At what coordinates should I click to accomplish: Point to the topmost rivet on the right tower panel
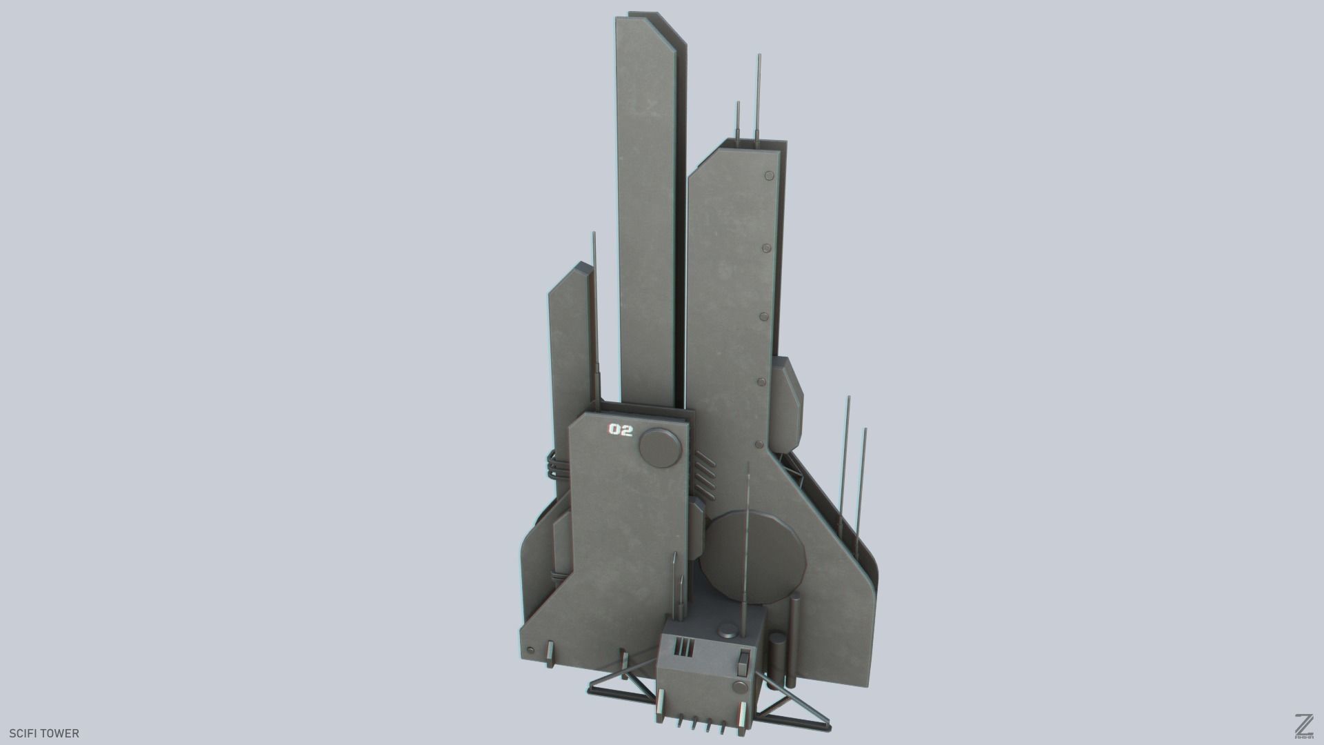[768, 177]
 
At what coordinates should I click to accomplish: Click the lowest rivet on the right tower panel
[759, 444]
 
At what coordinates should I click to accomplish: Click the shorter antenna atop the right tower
[739, 124]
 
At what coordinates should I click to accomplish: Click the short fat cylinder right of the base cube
[776, 663]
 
